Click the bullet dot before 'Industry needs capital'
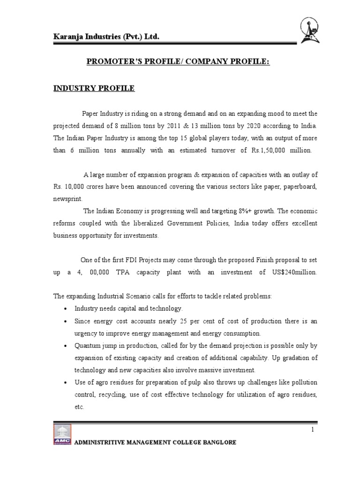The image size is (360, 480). (65, 309)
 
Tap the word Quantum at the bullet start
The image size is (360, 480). (87, 346)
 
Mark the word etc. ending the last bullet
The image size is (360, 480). (79, 407)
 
